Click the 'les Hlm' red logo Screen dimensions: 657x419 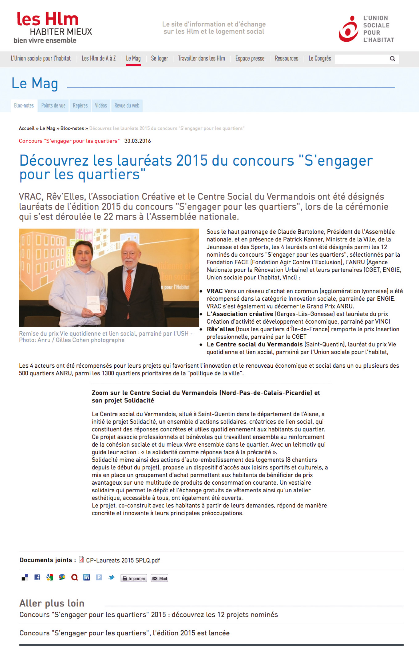[x=48, y=20]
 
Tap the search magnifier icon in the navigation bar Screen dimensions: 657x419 [x=393, y=59]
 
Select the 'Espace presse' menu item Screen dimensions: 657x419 [x=250, y=59]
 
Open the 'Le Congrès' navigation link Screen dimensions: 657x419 [x=319, y=59]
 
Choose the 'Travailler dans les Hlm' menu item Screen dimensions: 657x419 [x=201, y=59]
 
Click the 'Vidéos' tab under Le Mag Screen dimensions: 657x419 [x=101, y=105]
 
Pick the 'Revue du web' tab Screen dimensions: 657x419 [x=127, y=105]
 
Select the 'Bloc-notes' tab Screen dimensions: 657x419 [x=24, y=105]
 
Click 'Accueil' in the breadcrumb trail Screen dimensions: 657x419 [x=26, y=128]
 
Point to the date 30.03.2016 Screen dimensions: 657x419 [x=137, y=141]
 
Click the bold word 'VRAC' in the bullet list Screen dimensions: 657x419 [x=214, y=291]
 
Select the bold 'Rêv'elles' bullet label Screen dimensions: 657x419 [x=220, y=329]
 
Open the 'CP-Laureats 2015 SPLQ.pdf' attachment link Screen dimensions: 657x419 [x=123, y=560]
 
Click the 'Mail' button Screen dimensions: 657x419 [x=159, y=578]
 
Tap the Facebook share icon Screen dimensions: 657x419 [x=37, y=577]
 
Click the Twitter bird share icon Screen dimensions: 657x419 [x=111, y=577]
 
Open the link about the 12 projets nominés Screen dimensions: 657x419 [x=148, y=614]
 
